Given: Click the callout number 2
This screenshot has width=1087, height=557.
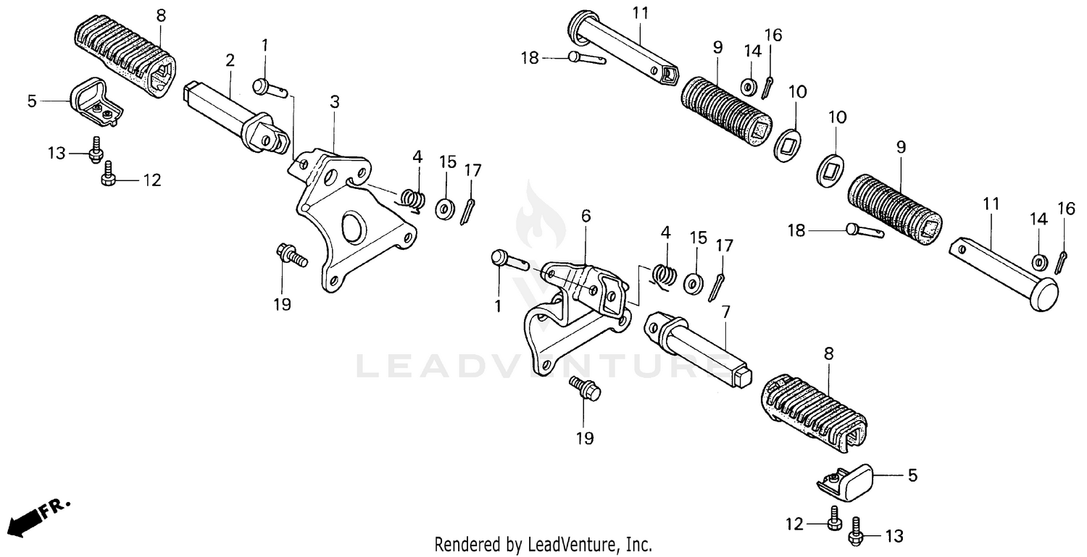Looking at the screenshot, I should coord(230,61).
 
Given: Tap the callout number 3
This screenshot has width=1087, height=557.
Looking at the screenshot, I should coord(334,102).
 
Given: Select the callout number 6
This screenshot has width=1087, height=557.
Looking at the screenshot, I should coord(586,215).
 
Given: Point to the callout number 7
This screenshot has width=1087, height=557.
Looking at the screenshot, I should coord(725,311).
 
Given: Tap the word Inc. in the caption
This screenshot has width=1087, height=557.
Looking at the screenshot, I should coord(638,543).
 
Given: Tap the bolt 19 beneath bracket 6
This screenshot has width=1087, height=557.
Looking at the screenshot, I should coord(586,389).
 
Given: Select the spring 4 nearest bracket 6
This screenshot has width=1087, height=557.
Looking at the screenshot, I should coord(665,275).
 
